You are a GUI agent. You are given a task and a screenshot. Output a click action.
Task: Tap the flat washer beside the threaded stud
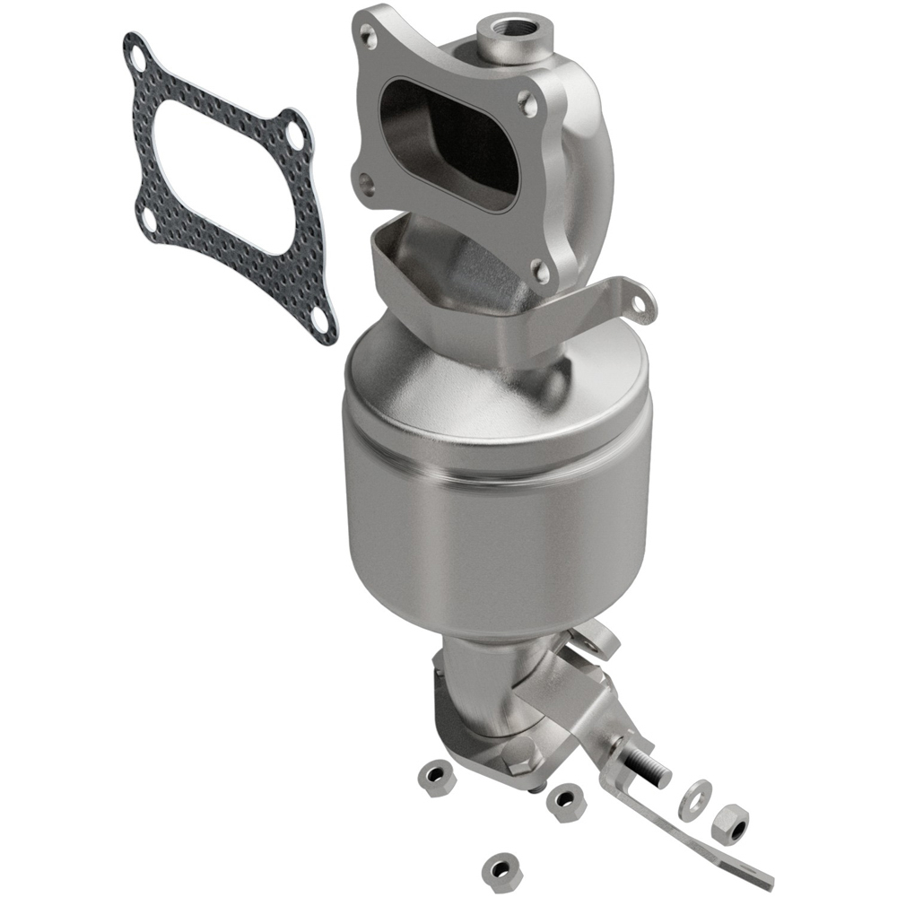[694, 799]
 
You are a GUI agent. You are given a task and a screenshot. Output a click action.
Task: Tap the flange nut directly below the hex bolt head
[566, 801]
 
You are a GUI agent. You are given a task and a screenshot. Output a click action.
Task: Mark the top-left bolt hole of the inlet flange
[367, 35]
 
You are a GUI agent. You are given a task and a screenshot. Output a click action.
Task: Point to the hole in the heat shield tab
[639, 303]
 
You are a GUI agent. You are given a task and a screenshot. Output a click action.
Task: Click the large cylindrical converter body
[493, 502]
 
